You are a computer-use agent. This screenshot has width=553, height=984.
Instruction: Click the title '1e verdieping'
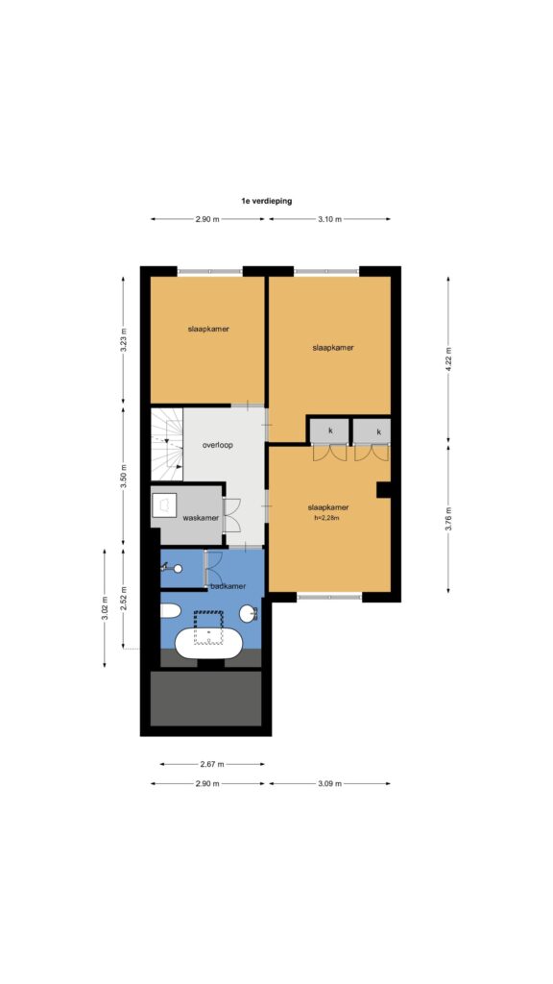[267, 202]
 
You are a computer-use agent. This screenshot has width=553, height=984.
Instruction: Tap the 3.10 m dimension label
[330, 219]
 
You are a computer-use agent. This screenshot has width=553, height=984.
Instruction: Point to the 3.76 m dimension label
[448, 518]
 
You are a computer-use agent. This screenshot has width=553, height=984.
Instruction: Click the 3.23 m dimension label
[123, 341]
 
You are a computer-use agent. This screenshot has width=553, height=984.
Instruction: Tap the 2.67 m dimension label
[212, 764]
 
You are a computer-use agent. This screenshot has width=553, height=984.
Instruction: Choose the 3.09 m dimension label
[330, 784]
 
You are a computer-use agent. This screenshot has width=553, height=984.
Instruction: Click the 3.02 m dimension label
[105, 607]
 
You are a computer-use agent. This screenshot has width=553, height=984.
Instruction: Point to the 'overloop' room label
[218, 446]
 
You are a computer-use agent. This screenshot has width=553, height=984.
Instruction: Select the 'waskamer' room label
[201, 518]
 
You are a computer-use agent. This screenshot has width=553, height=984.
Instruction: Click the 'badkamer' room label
[228, 586]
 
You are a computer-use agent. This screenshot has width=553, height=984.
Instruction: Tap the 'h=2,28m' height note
[328, 518]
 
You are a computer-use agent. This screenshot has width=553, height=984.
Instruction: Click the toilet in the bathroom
[170, 610]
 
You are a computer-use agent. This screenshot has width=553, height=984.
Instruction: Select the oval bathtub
[207, 645]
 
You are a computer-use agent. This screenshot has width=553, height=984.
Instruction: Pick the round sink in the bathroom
[249, 613]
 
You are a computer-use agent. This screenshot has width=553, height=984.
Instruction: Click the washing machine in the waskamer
[164, 505]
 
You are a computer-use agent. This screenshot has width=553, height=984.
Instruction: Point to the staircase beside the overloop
[167, 444]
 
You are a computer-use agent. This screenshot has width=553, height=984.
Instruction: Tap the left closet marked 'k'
[330, 430]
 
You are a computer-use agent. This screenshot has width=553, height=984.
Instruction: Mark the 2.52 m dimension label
[124, 599]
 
